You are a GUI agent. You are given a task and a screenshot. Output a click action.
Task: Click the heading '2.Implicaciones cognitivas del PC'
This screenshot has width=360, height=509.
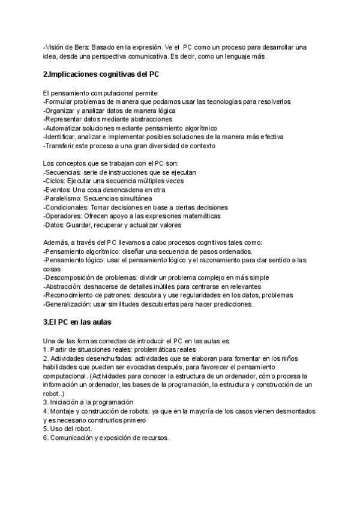coord(101,74)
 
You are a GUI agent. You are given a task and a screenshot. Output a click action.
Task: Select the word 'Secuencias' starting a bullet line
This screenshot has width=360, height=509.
coord(63,172)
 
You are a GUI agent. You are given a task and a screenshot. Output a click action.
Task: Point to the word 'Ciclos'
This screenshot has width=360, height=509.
coord(55,181)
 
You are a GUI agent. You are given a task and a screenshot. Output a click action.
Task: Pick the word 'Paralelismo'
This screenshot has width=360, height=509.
coord(63,198)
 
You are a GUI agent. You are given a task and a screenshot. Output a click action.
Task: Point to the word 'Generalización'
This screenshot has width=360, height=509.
coord(69,304)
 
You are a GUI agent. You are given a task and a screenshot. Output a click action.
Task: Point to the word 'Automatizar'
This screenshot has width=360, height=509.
coord(65,128)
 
